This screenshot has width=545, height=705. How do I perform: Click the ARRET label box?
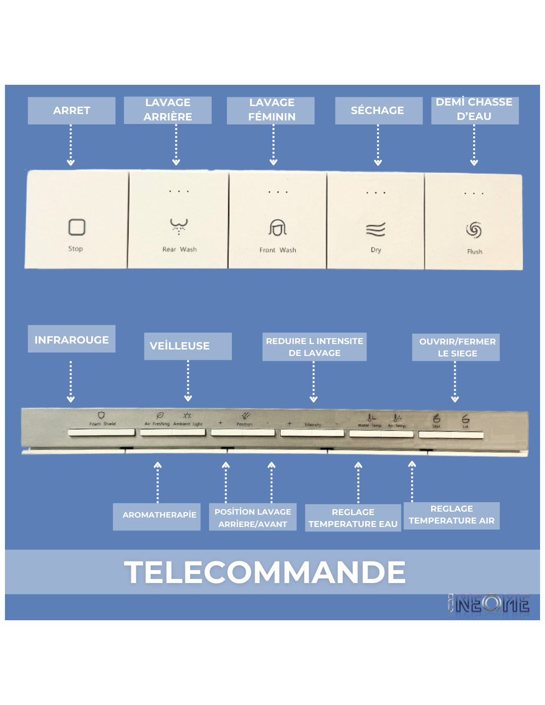71,111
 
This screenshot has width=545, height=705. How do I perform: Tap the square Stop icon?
77,228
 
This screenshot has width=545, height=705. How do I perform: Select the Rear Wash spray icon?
179,226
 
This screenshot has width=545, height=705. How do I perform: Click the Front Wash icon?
277,228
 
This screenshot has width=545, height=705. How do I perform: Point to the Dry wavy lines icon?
376,230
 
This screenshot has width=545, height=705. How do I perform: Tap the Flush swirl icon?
474,230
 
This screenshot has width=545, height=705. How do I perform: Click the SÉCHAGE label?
378,111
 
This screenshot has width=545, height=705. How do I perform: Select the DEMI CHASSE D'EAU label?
474,110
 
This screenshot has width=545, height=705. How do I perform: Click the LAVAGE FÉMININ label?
271,110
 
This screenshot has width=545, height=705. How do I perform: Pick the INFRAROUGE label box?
71,340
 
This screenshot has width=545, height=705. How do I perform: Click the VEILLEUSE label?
187,346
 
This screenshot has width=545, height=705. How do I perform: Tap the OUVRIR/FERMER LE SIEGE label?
456,348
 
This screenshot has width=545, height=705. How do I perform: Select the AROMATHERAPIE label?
157,515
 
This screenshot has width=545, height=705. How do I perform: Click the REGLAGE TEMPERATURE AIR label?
451,515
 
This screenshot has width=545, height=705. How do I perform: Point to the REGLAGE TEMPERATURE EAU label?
353,518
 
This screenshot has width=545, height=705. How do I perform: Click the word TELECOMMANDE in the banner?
265,572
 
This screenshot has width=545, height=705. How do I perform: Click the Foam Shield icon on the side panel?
102,415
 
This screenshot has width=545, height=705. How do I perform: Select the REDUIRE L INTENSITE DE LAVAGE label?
314,347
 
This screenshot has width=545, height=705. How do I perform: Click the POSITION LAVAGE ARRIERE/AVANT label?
253,518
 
